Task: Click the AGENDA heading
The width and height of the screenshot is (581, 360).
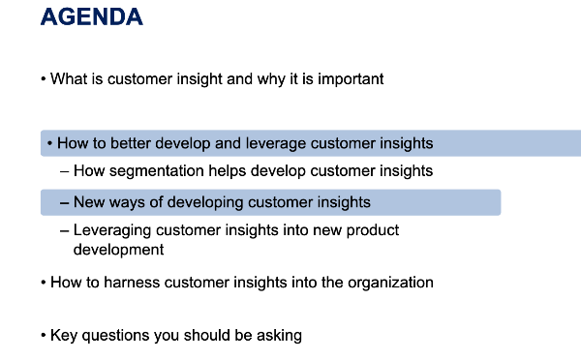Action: click(92, 17)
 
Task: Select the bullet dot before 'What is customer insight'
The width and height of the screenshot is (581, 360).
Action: click(44, 79)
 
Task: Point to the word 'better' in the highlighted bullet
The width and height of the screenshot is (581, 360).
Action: click(131, 143)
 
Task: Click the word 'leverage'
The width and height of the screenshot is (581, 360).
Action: click(276, 144)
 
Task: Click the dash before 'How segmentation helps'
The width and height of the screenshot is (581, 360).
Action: click(64, 172)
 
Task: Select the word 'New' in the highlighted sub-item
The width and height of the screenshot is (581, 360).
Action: click(87, 202)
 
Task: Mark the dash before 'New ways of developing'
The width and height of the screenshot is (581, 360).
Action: click(64, 203)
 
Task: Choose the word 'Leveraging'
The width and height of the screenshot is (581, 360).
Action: click(112, 230)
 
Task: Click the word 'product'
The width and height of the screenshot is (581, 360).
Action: click(373, 230)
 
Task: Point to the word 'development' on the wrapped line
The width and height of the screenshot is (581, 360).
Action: click(118, 250)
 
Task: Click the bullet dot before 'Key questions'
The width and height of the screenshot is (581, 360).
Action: click(44, 335)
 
